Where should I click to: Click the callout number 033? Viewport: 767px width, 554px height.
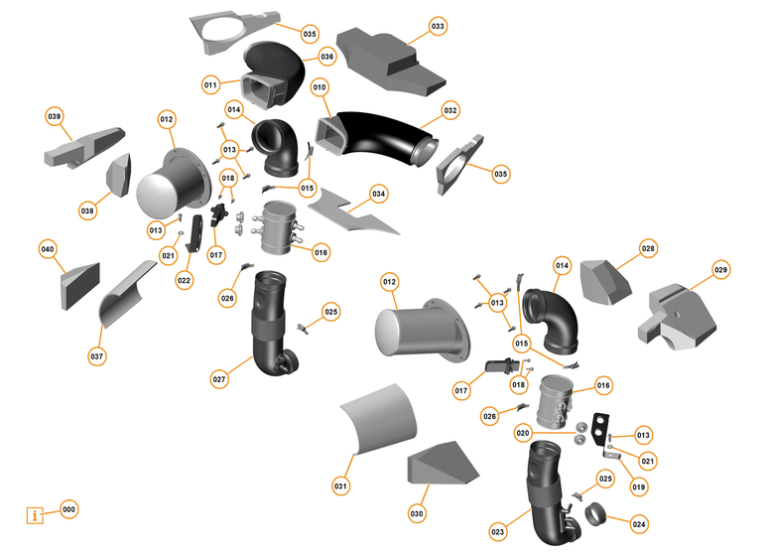tap(438, 25)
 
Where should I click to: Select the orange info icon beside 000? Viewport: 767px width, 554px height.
tap(37, 514)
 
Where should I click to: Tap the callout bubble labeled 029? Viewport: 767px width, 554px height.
tap(720, 270)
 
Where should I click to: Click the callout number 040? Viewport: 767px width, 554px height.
tap(48, 247)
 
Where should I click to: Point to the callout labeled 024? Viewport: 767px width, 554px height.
tap(639, 522)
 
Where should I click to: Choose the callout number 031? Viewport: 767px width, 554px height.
tap(340, 486)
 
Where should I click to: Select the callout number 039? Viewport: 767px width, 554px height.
tap(55, 116)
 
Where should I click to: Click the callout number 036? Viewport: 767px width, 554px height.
tap(326, 58)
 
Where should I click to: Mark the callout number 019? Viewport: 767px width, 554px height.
tap(638, 487)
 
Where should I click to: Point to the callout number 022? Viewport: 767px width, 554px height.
tap(185, 281)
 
